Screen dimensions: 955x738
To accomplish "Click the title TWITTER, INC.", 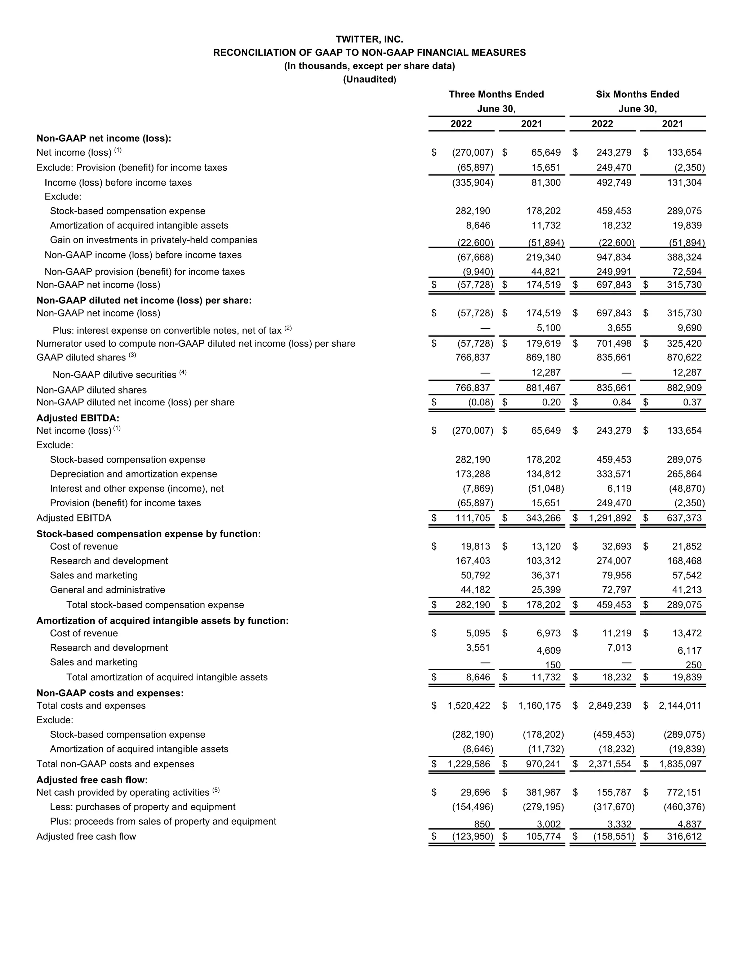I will tap(369, 39).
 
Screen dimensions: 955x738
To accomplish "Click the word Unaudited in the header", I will tap(369, 79).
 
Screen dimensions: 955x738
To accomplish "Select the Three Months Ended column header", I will tap(496, 94).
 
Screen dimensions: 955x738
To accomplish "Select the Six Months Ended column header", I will tap(637, 94).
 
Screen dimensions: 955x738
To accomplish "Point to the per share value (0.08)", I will tap(480, 402).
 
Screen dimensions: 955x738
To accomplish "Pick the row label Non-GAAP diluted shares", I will tap(92, 390).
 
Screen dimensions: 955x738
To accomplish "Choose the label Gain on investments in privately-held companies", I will tap(154, 240).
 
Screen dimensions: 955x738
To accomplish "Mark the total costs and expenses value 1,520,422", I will tap(469, 705).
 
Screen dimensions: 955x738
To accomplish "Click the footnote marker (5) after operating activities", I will tap(216, 790).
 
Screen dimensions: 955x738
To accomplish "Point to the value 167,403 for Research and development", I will tap(473, 561).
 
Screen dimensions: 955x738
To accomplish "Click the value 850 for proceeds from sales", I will tap(482, 824).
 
